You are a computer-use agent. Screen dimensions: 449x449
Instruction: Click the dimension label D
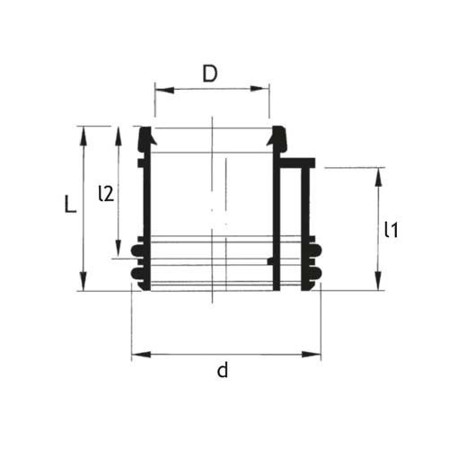pyautogui.click(x=209, y=74)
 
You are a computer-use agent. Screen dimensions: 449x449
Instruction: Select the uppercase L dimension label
pyautogui.click(x=69, y=206)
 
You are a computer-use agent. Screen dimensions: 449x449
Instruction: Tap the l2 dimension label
pyautogui.click(x=105, y=192)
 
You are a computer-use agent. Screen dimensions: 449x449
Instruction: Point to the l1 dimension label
pyautogui.click(x=391, y=230)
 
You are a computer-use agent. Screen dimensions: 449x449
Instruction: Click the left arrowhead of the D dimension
pyautogui.click(x=160, y=88)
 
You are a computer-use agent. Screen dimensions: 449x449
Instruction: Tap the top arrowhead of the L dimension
pyautogui.click(x=84, y=131)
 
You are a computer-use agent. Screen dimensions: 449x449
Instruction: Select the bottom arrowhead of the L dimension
pyautogui.click(x=84, y=285)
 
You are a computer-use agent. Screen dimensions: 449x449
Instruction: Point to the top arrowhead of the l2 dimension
pyautogui.click(x=119, y=131)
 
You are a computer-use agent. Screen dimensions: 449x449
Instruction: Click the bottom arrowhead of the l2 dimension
pyautogui.click(x=119, y=253)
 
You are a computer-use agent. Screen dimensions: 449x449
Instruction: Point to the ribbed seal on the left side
pyautogui.click(x=136, y=260)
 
